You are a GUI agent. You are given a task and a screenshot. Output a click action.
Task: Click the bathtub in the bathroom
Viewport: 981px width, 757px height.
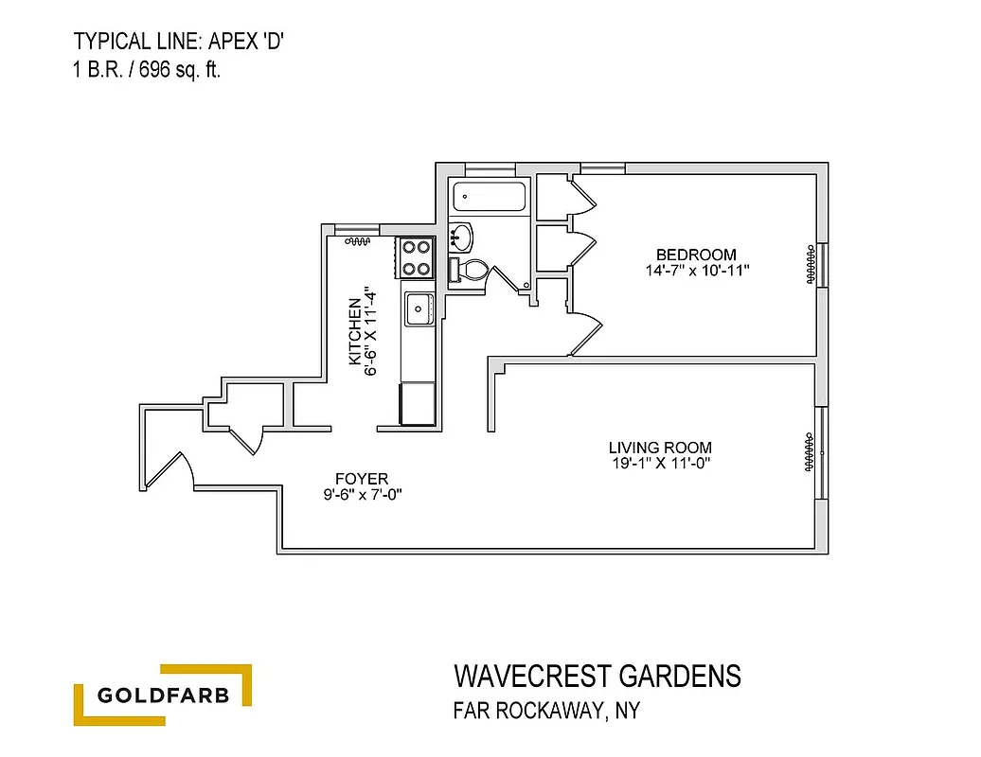pos(490,198)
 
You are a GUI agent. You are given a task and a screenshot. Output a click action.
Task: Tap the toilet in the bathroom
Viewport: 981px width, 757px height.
pos(469,270)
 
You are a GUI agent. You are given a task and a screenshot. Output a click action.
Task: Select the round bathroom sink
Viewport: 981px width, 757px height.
pos(460,234)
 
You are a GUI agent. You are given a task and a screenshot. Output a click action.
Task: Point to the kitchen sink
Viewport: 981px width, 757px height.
pos(418,307)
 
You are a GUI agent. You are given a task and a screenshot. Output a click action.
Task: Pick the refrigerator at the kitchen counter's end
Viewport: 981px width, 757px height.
pos(418,404)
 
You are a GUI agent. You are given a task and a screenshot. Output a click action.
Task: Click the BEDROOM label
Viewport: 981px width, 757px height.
pos(696,255)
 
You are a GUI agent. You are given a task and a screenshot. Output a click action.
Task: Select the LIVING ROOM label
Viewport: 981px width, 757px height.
pos(660,448)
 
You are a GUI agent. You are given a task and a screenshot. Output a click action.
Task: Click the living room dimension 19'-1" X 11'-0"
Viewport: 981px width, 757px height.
pos(660,464)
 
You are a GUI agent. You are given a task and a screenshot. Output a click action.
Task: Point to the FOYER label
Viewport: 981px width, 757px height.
pos(362,479)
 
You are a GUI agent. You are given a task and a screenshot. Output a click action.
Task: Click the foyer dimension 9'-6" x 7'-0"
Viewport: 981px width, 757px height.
pos(362,495)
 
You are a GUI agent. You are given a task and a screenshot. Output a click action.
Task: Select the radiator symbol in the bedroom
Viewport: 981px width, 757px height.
pos(811,264)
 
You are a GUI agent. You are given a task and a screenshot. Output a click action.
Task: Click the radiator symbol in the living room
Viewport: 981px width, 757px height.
pos(811,452)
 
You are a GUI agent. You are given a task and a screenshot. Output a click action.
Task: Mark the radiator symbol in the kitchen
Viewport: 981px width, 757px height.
pos(357,242)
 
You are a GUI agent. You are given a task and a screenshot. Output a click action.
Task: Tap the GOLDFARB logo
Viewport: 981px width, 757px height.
pos(163,696)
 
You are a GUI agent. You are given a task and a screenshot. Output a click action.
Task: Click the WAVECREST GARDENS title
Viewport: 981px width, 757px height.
pos(598,677)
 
